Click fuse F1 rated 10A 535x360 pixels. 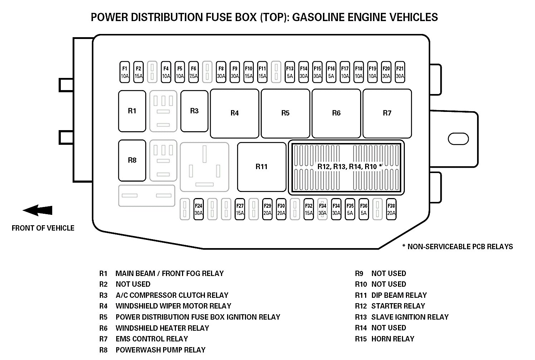(x=124, y=72)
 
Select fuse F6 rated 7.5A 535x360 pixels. (x=193, y=72)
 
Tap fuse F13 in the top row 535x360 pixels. (x=290, y=72)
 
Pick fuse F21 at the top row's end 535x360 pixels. (x=400, y=72)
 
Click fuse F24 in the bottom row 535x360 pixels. (x=198, y=209)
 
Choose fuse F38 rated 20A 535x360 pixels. (x=391, y=209)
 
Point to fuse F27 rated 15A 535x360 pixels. (x=240, y=209)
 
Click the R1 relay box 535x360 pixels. (x=132, y=111)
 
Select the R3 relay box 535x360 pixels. (x=194, y=111)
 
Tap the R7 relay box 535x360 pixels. (x=387, y=113)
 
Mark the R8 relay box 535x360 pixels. (x=132, y=160)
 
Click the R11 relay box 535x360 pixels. (x=261, y=167)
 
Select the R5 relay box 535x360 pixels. (x=285, y=113)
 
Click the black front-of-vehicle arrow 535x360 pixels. (x=38, y=211)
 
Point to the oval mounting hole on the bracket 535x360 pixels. (x=458, y=138)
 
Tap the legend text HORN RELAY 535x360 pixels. (x=393, y=339)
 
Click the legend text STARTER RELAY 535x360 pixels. (x=398, y=306)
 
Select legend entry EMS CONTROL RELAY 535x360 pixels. (x=152, y=339)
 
